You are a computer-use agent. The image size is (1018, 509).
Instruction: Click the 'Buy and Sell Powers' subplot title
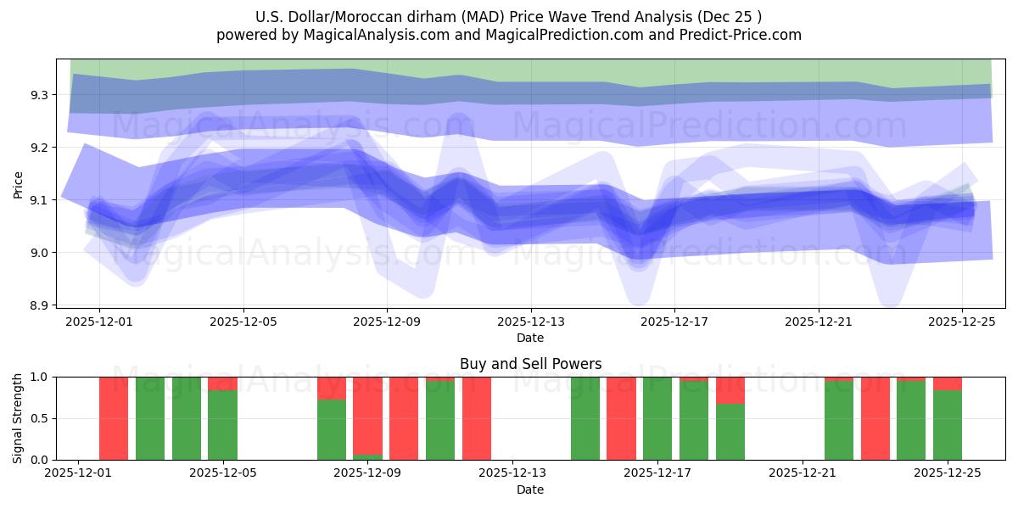tap(530, 364)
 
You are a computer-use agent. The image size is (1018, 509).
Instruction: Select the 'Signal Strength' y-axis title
tap(18, 418)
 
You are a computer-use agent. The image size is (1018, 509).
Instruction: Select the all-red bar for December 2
tap(114, 418)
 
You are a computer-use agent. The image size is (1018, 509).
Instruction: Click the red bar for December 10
tap(404, 418)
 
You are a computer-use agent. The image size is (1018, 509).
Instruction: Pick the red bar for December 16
tap(621, 418)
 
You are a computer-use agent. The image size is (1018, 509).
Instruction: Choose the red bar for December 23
tap(875, 418)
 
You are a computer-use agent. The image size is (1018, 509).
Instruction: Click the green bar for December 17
tap(657, 418)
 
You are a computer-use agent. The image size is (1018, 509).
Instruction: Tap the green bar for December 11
tap(440, 418)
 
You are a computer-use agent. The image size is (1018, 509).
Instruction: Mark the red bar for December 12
tap(477, 418)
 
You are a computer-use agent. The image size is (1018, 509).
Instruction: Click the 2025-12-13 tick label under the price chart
tap(531, 322)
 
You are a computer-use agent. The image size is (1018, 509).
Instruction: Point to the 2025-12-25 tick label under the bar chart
tap(948, 473)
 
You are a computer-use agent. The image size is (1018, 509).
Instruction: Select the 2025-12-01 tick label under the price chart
tap(99, 322)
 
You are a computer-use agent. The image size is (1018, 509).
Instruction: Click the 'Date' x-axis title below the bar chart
tap(530, 489)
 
